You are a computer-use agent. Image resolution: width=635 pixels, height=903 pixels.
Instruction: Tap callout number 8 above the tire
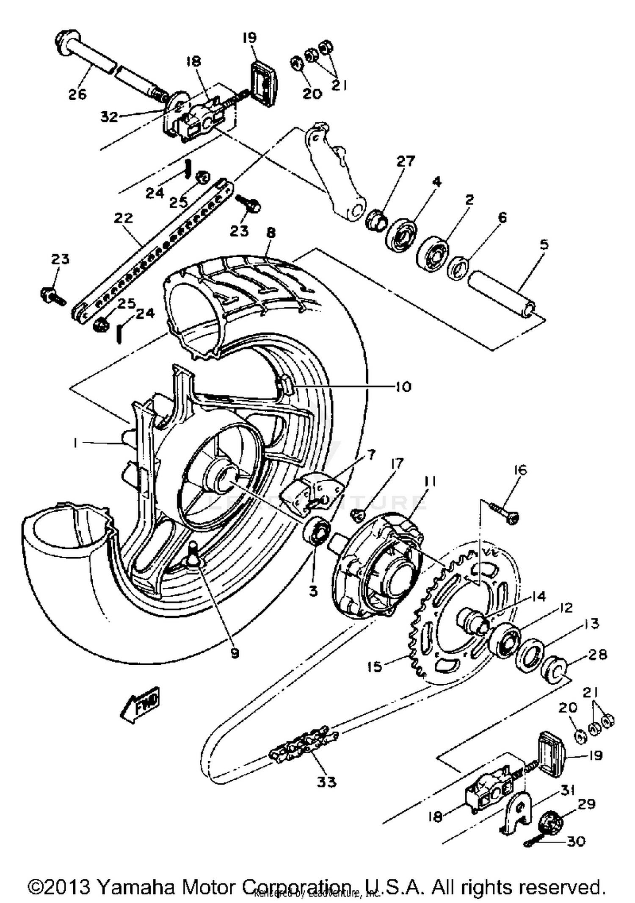pos(271,232)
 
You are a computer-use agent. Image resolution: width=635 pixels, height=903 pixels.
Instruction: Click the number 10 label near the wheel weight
pos(403,386)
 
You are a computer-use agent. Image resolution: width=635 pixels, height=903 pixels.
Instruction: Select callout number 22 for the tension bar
pos(123,218)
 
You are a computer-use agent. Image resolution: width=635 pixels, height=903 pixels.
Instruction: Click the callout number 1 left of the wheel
pos(75,443)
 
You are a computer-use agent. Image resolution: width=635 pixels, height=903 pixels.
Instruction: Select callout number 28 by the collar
pos(597,655)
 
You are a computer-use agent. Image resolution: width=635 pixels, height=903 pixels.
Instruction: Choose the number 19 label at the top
pos(250,38)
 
